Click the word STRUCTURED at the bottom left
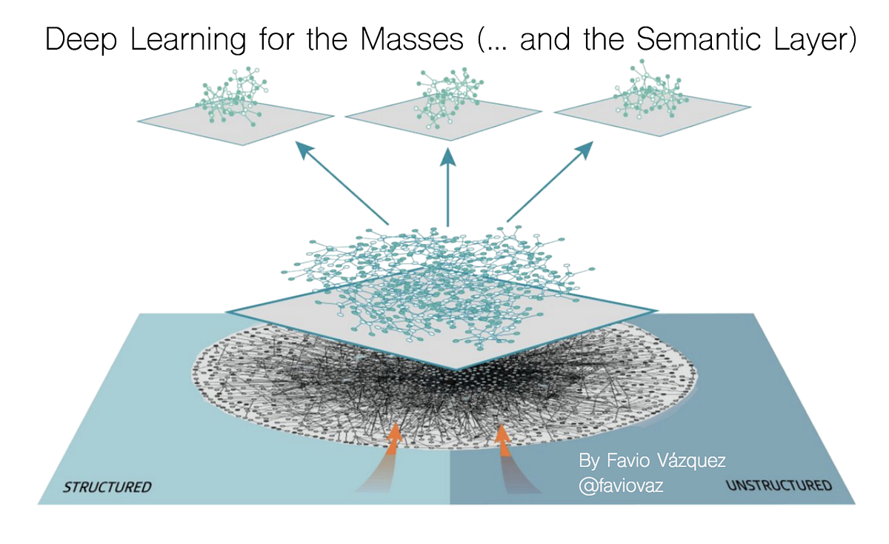click(x=107, y=487)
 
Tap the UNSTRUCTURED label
click(x=779, y=486)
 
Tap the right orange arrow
click(x=504, y=439)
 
